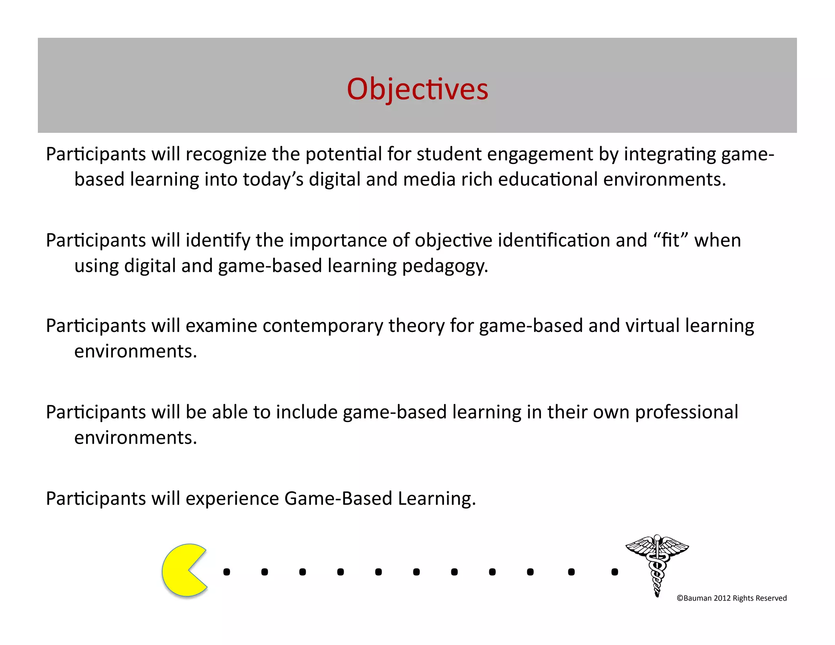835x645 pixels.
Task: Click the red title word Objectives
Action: click(x=417, y=89)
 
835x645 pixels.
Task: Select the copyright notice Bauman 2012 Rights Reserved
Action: click(x=731, y=598)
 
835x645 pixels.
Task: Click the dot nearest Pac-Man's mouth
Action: click(x=227, y=572)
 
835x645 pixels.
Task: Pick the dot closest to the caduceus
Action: click(x=615, y=572)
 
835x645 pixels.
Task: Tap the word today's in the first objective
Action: click(x=273, y=180)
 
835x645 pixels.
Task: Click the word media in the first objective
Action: click(x=429, y=180)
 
